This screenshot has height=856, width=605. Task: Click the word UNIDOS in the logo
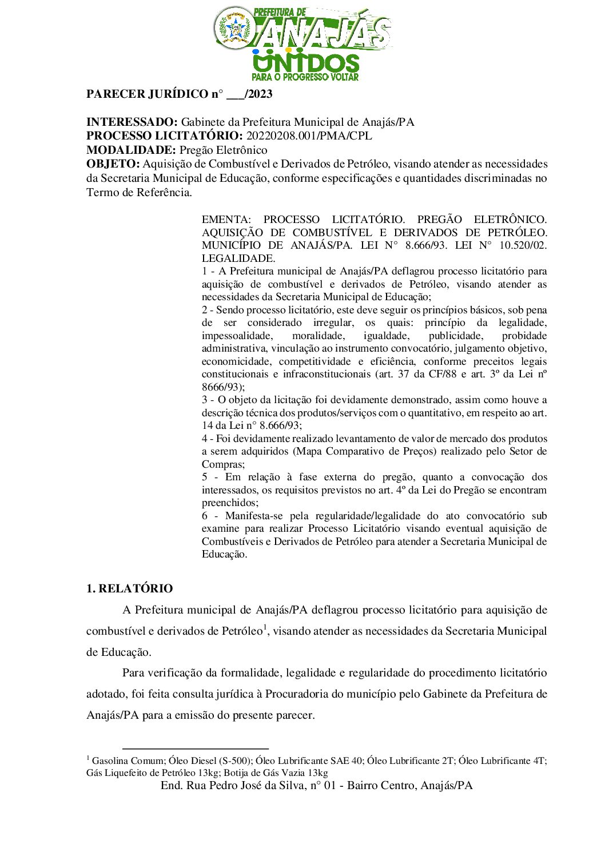[306, 63]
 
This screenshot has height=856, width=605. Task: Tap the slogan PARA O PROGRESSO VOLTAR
[305, 77]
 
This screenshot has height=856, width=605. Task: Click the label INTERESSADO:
[132, 122]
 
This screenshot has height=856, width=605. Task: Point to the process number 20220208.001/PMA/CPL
[309, 136]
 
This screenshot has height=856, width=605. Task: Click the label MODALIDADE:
[131, 150]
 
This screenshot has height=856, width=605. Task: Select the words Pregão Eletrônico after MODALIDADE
[224, 150]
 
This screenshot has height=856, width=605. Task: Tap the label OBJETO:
[113, 164]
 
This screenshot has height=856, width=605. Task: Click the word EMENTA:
[226, 220]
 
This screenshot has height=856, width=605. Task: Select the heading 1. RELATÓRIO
[129, 589]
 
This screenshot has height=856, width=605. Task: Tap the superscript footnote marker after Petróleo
[265, 628]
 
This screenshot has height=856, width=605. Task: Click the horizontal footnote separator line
[195, 748]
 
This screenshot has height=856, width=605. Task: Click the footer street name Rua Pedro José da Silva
[247, 786]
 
